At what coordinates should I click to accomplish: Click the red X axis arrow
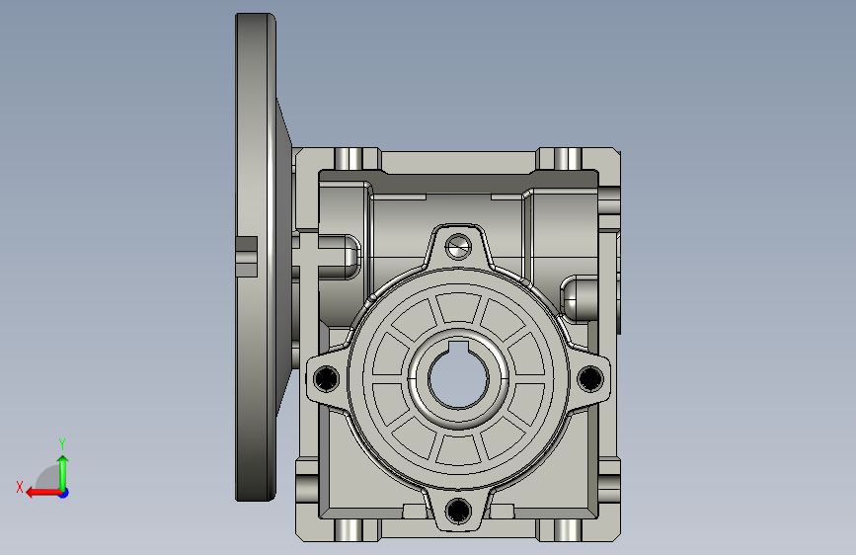[x=43, y=493]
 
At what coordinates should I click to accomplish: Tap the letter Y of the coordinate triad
[x=62, y=443]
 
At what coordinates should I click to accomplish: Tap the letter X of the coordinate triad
[x=20, y=487]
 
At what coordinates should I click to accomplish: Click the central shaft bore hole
[x=458, y=380]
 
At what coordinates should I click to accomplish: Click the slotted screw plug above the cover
[x=458, y=247]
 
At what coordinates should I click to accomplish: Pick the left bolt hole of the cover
[x=327, y=378]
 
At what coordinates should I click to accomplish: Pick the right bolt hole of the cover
[x=589, y=378]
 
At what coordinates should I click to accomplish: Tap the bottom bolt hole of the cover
[x=458, y=511]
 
